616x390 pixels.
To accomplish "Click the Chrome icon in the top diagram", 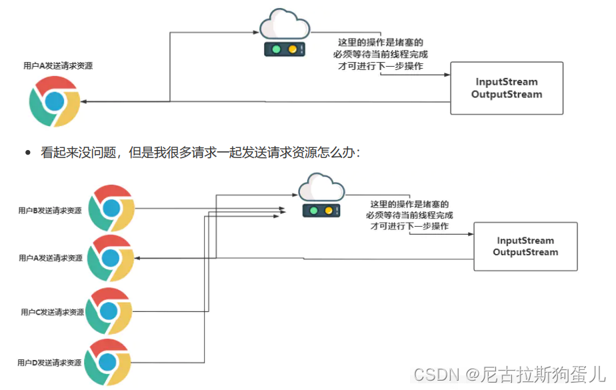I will (55, 101).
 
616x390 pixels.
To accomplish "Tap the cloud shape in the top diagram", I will (285, 25).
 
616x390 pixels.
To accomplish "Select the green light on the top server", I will (275, 49).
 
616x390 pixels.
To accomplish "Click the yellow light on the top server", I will (292, 49).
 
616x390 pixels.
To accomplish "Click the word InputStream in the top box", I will (507, 82).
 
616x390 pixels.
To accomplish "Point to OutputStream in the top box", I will (507, 94).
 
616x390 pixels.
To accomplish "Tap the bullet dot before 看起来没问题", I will (28, 153).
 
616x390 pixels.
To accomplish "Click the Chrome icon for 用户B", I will (111, 208).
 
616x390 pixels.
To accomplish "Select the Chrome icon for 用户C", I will (111, 311).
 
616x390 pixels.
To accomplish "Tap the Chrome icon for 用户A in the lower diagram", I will (111, 258).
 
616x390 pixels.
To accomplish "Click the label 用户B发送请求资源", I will (50, 210).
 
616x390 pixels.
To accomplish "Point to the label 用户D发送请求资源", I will (50, 363).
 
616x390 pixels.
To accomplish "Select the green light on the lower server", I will (312, 211).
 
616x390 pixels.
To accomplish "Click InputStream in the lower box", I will (525, 240).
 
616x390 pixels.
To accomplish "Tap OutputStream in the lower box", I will (525, 252).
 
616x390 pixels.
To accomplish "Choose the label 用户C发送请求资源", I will (52, 312).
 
